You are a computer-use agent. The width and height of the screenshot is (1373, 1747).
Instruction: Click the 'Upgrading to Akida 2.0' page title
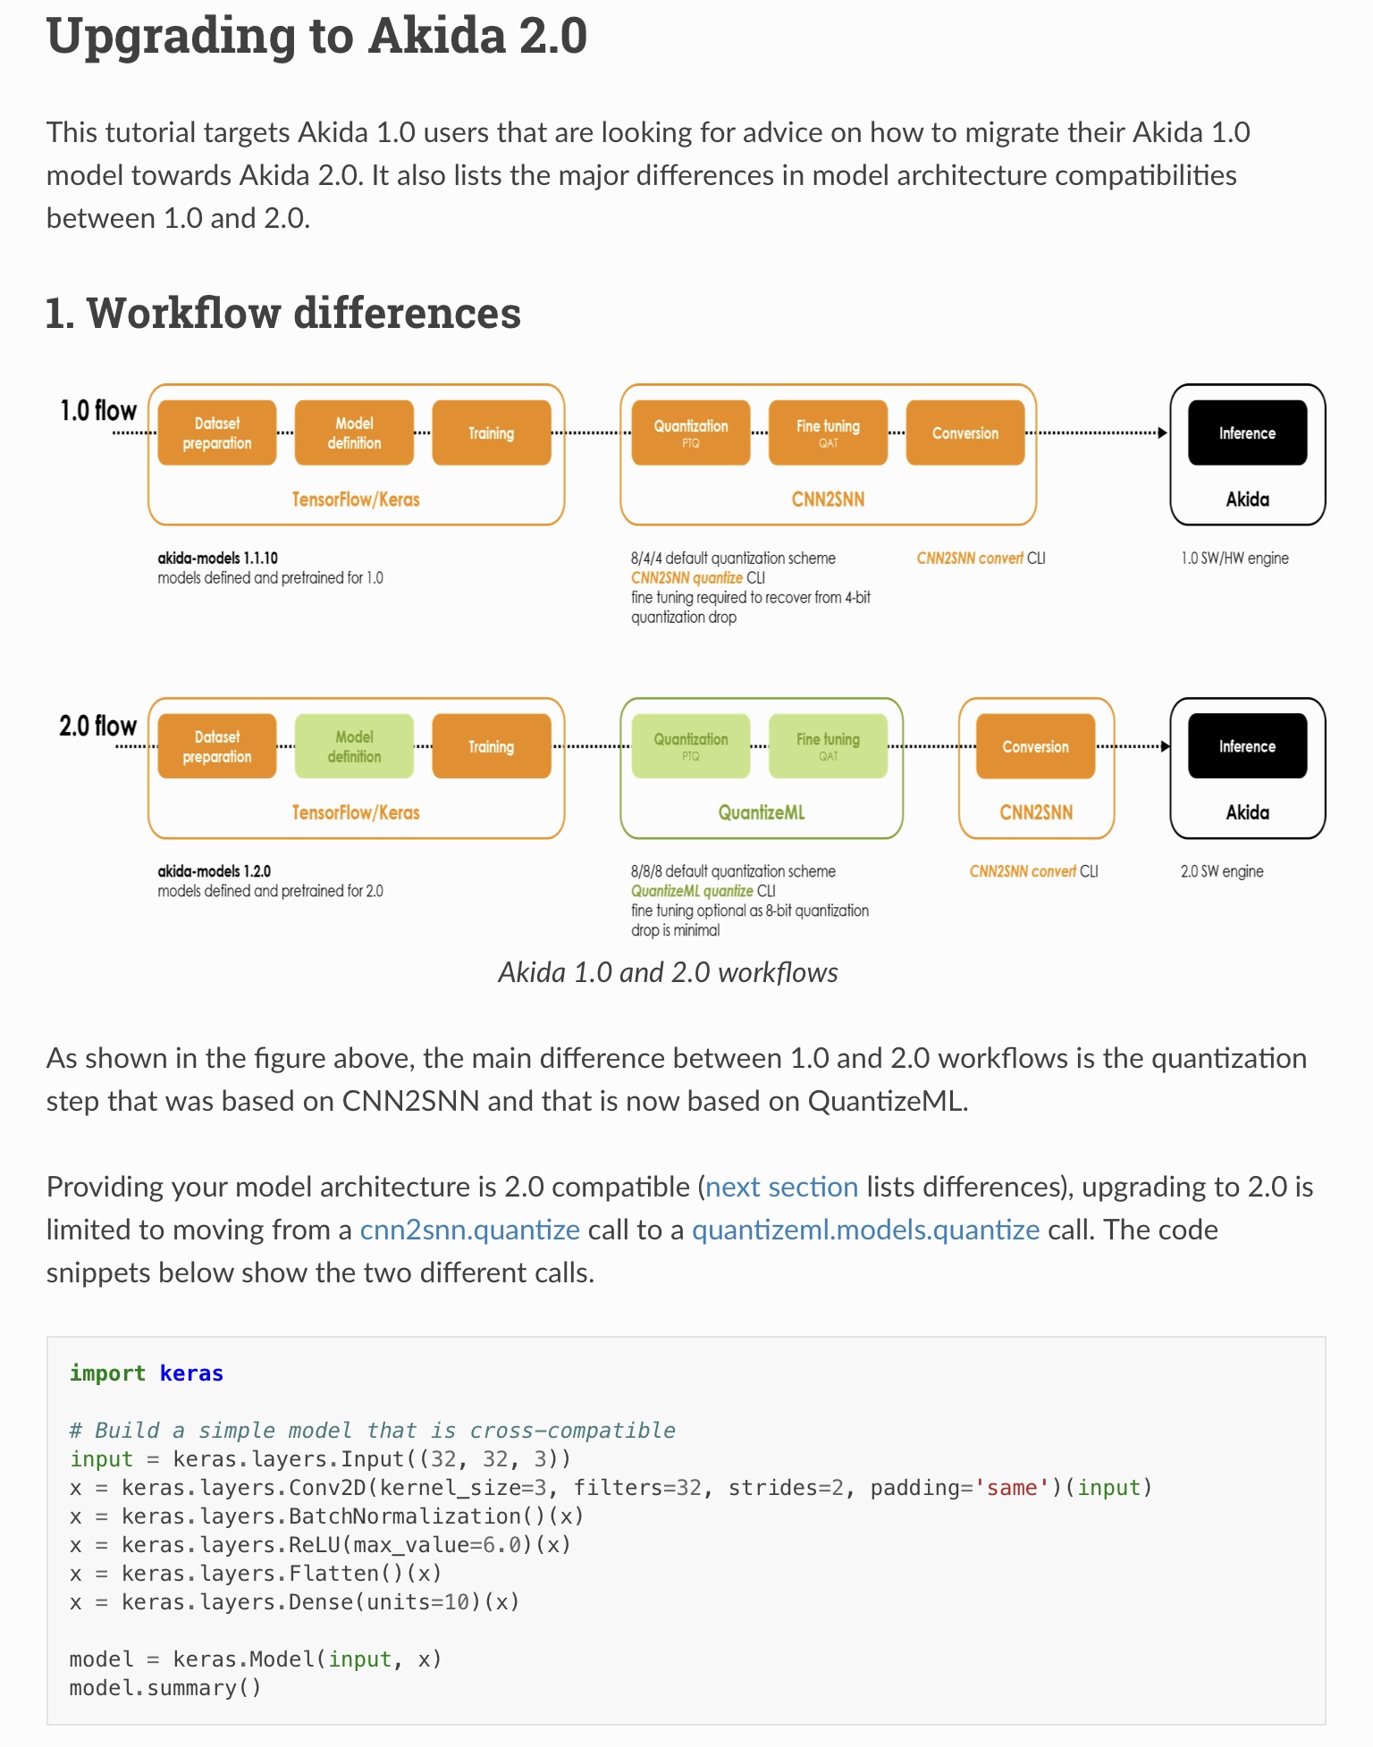tap(316, 37)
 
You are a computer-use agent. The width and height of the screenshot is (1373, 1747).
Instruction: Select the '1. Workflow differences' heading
tap(282, 313)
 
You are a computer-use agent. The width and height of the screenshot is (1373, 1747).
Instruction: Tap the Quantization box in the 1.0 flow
tap(690, 433)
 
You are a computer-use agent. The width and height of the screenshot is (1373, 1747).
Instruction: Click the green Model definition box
tap(354, 746)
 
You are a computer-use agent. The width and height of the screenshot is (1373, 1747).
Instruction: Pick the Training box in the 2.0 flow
tap(491, 746)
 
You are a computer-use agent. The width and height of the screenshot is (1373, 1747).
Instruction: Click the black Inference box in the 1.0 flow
tap(1247, 433)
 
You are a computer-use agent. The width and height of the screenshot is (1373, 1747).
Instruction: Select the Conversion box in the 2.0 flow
tap(1035, 746)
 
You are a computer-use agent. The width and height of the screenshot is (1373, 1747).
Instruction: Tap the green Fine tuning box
tap(828, 746)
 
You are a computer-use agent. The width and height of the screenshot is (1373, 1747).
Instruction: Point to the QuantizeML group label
tap(762, 812)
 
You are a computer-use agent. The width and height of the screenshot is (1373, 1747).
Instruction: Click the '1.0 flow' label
tap(98, 411)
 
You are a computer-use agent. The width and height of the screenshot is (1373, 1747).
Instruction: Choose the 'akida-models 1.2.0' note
tap(215, 870)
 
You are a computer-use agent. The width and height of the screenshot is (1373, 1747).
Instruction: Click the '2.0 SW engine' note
tap(1222, 871)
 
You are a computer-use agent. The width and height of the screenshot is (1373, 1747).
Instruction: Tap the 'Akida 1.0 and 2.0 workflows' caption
tap(668, 972)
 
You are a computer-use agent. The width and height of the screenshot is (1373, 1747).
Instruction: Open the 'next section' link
tap(781, 1187)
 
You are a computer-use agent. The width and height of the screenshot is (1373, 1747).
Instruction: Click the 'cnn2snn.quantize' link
tap(470, 1230)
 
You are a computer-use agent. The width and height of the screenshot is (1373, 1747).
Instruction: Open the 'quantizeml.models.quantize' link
tap(865, 1230)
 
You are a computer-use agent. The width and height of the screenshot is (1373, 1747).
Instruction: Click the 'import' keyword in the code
tap(107, 1373)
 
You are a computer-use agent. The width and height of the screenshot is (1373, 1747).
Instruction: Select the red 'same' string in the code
tap(1011, 1488)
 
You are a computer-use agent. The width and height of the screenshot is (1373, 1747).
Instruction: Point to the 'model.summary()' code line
tap(165, 1688)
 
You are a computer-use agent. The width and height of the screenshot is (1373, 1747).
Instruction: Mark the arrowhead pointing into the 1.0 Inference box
tap(1162, 433)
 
